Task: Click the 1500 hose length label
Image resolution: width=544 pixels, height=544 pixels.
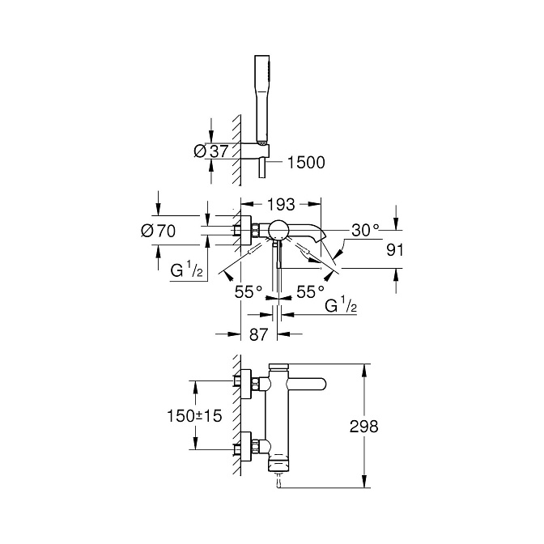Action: click(x=306, y=163)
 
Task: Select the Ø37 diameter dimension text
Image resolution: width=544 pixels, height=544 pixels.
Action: click(x=211, y=151)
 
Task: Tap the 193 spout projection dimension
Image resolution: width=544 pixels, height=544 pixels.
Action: click(x=281, y=205)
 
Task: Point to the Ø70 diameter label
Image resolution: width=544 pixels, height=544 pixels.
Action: click(x=158, y=231)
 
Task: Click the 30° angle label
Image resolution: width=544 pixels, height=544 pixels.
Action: click(x=365, y=230)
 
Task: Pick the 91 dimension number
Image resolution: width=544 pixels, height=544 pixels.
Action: click(x=395, y=250)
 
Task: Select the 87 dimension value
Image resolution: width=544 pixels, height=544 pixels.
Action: click(x=259, y=335)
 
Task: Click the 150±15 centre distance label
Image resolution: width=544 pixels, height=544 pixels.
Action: click(x=194, y=416)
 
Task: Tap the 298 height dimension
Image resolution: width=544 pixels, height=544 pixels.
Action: click(x=363, y=427)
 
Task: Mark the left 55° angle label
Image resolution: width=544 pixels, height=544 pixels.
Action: click(x=249, y=292)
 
